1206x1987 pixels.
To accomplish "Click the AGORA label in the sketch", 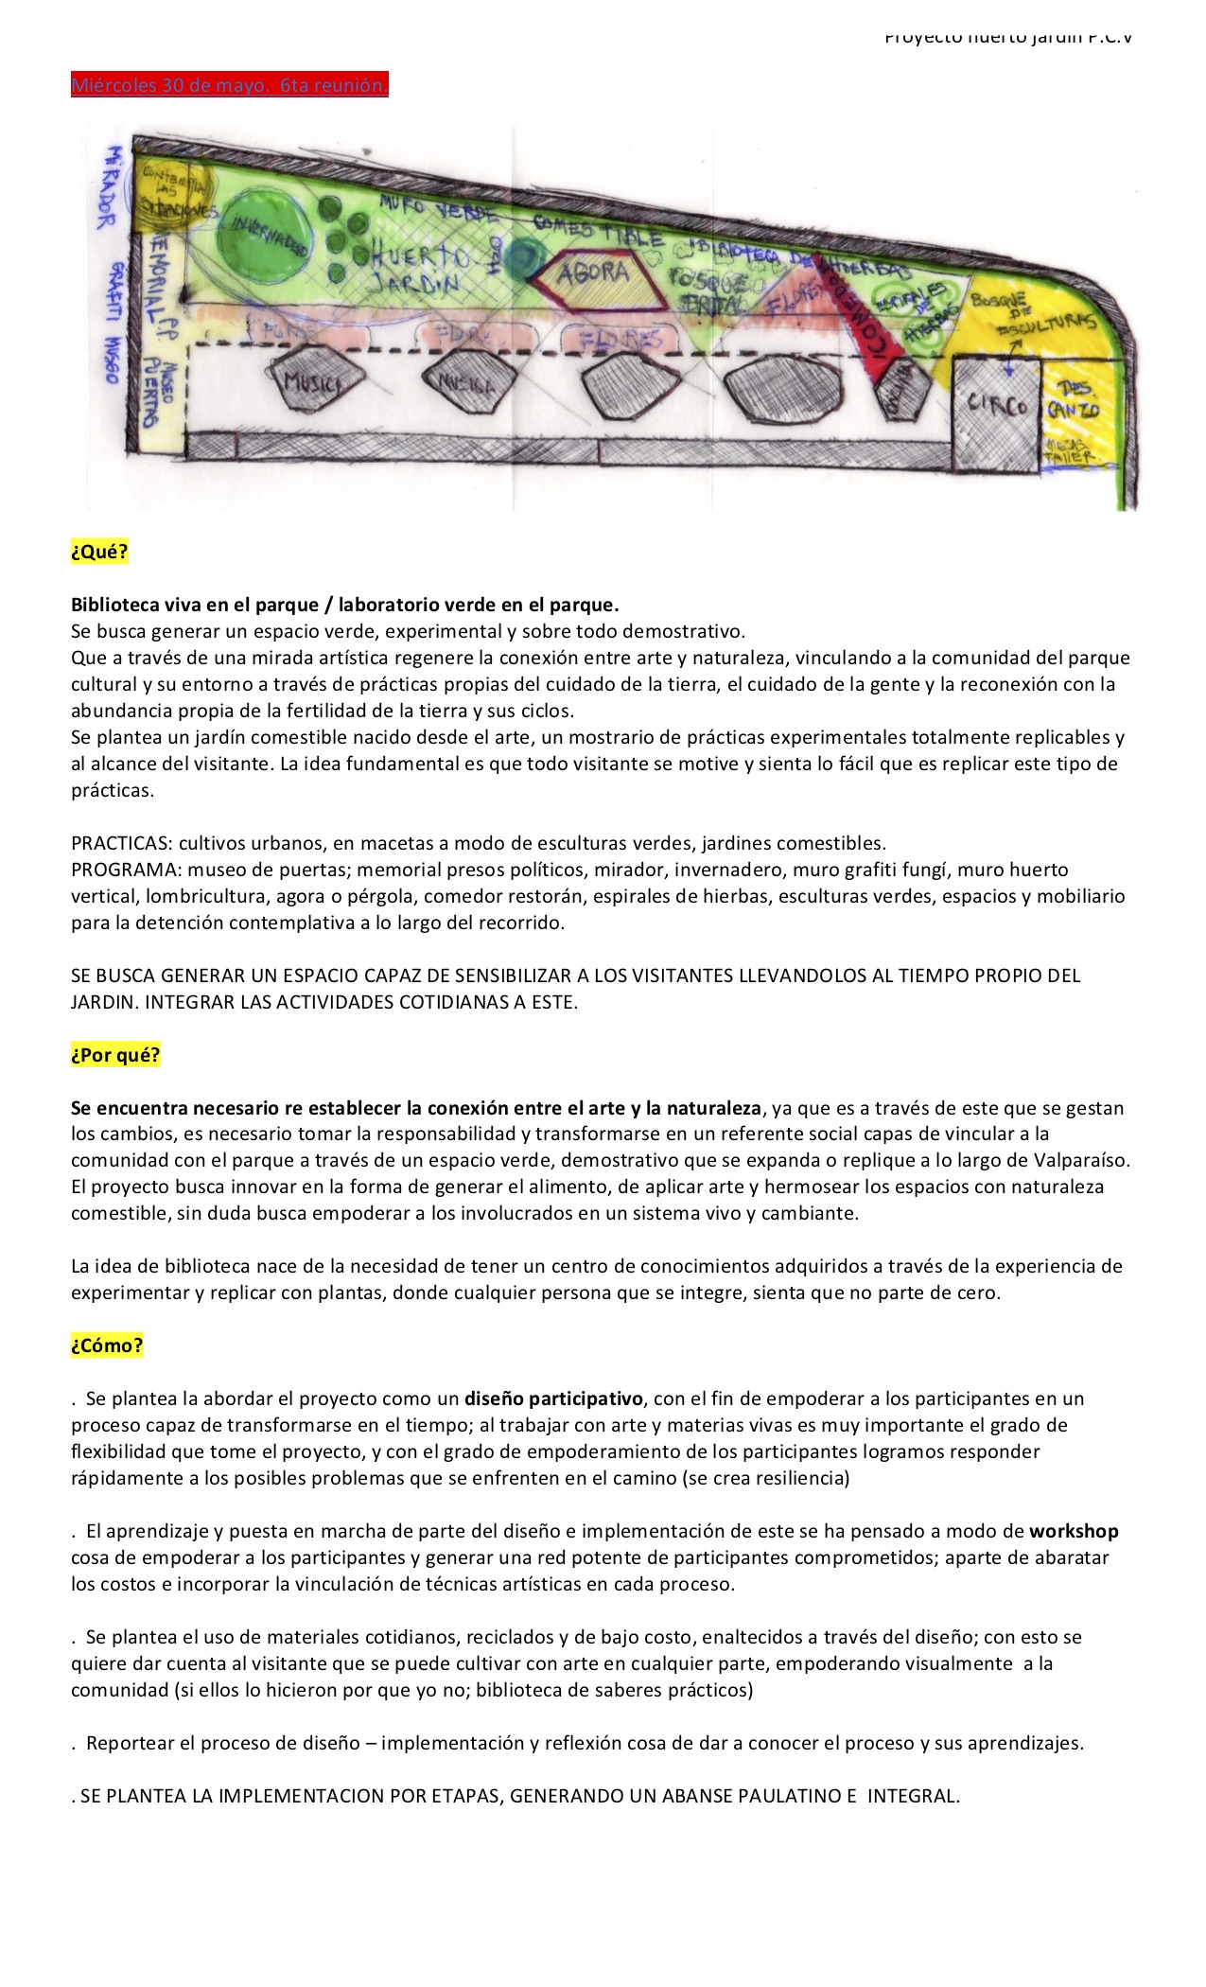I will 592,274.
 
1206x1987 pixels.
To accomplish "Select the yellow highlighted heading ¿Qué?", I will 99,552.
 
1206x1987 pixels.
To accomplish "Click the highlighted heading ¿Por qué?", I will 115,1055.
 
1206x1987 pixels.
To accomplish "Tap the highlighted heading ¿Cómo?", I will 107,1345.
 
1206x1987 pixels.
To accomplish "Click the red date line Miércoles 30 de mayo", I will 229,85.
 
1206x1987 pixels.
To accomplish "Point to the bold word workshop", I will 1074,1531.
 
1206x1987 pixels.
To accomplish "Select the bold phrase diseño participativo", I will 553,1398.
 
